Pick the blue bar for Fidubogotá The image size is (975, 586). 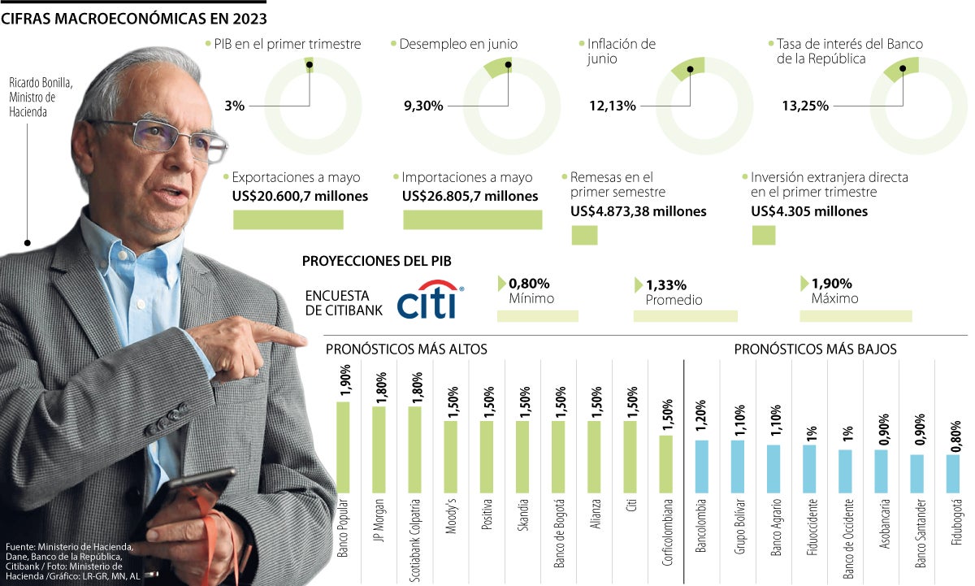952,474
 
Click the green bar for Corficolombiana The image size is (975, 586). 665,464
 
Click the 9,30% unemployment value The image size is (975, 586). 423,106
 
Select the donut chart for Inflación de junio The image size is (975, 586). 692,106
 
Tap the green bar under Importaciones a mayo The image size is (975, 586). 472,219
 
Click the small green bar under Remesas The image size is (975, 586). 584,236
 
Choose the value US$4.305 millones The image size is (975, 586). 809,211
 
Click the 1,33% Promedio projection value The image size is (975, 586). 666,285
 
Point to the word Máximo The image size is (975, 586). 834,299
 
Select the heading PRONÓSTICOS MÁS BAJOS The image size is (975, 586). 815,349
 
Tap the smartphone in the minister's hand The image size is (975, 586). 191,496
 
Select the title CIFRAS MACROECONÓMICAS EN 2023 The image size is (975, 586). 134,17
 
